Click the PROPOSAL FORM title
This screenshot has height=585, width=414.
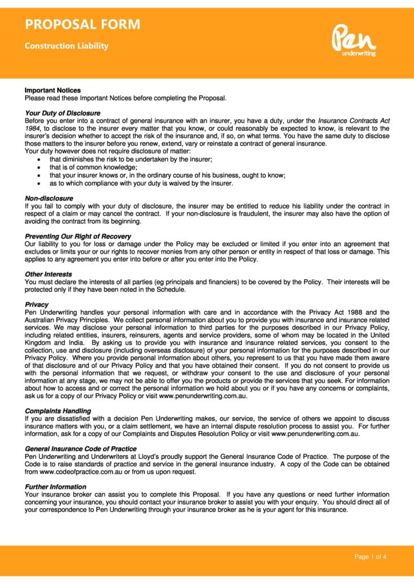click(82, 25)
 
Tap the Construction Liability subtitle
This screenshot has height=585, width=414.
click(66, 46)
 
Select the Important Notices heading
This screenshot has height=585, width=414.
click(53, 90)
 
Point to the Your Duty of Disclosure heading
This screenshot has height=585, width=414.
click(63, 113)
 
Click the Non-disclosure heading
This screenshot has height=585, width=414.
click(49, 198)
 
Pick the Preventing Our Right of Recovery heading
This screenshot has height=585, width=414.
click(78, 236)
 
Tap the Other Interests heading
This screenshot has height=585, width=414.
click(49, 274)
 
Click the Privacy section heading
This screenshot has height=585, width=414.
click(37, 304)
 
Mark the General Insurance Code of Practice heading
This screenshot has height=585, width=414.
click(81, 449)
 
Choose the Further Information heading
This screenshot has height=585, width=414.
click(55, 487)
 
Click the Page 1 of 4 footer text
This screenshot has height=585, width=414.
click(370, 557)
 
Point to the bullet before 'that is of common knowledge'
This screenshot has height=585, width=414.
click(38, 167)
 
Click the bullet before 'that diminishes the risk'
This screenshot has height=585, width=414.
click(38, 159)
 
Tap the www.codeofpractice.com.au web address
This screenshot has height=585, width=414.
click(77, 472)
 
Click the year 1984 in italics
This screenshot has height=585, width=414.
click(33, 129)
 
